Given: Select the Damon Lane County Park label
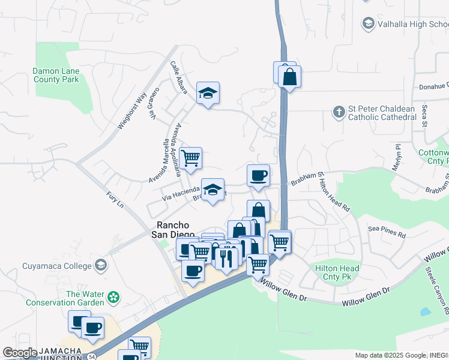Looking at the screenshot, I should point(56,75).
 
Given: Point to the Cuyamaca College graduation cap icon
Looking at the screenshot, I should point(101,265).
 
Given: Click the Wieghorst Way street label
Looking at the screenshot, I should point(132,112).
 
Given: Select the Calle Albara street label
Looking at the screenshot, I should point(179,78).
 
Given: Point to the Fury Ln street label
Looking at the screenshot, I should point(115,200).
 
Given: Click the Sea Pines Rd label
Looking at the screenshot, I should point(387,229).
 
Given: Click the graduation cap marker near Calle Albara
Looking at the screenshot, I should point(208,93).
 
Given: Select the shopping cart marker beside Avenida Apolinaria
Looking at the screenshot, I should point(190,158).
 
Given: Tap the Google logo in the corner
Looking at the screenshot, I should point(19,352).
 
